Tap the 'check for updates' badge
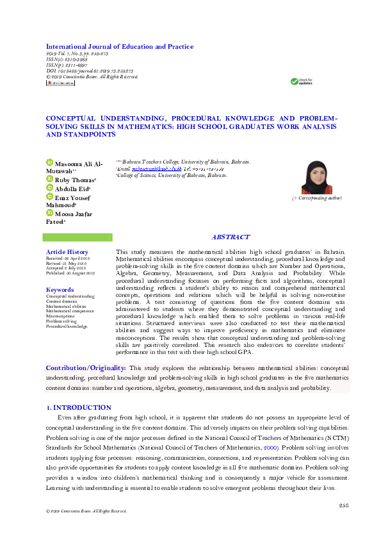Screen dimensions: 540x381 point(302,81)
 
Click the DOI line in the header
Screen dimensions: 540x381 point(89,71)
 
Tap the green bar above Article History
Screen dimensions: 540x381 point(77,237)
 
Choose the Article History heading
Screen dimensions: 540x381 point(67,252)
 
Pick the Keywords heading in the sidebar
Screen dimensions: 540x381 point(60,290)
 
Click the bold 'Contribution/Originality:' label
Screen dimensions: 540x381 point(86,367)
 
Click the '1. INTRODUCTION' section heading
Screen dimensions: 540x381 point(79,407)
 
